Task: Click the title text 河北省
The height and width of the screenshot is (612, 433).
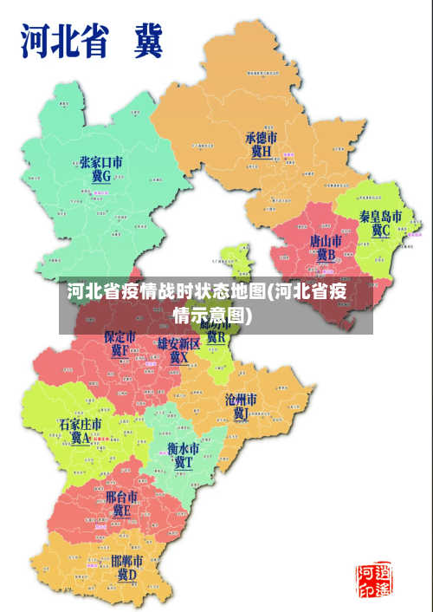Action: pyautogui.click(x=68, y=41)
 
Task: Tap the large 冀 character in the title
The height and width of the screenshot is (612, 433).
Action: pyautogui.click(x=147, y=41)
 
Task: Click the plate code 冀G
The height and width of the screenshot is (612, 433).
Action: pyautogui.click(x=100, y=176)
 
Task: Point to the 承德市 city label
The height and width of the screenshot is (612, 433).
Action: pyautogui.click(x=261, y=138)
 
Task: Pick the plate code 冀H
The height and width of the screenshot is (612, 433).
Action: pyautogui.click(x=261, y=152)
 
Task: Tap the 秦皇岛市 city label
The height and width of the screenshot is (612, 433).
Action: pyautogui.click(x=380, y=216)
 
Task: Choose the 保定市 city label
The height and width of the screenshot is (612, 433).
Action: pyautogui.click(x=120, y=336)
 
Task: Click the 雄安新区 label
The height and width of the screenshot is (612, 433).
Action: pyautogui.click(x=178, y=344)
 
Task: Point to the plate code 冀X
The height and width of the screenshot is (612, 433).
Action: pyautogui.click(x=178, y=357)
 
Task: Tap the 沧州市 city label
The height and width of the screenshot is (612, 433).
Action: pyautogui.click(x=241, y=400)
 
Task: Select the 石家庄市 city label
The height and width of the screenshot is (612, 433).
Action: pyautogui.click(x=80, y=424)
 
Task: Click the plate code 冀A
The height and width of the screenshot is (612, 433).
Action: pyautogui.click(x=80, y=439)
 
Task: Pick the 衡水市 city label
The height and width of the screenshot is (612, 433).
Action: pyautogui.click(x=183, y=450)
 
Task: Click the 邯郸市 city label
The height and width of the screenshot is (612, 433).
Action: pyautogui.click(x=127, y=560)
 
